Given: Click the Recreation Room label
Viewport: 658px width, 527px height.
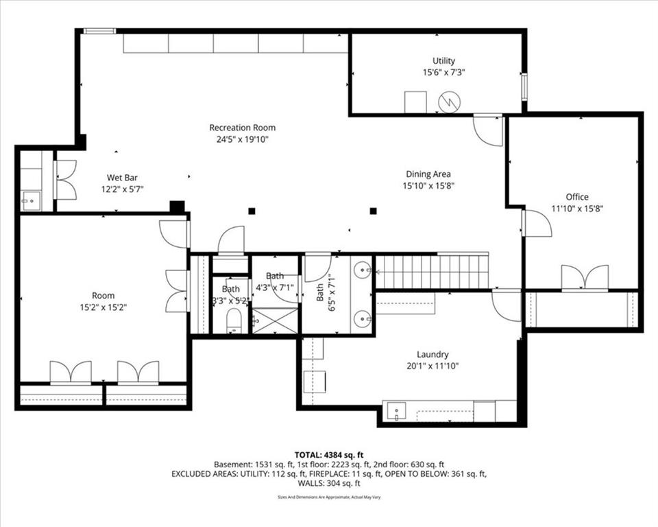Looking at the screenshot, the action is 242,128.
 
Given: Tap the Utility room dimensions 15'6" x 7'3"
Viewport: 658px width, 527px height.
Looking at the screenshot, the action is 443,72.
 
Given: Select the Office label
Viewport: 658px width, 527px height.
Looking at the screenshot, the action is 577,197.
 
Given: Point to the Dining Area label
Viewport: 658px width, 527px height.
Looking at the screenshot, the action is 428,174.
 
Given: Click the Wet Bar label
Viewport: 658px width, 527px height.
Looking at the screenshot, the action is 122,178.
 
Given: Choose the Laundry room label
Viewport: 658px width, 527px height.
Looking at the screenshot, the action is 432,354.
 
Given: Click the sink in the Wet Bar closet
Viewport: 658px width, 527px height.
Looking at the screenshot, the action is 31,201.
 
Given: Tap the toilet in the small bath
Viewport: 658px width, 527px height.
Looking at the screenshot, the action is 233,321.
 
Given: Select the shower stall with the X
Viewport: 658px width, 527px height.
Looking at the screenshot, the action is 275,320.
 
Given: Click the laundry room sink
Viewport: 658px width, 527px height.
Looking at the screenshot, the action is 397,412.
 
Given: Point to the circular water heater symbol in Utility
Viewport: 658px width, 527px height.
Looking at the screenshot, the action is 450,102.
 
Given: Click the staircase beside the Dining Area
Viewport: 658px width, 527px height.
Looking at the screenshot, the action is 432,272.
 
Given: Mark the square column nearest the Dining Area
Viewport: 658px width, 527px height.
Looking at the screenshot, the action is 373,211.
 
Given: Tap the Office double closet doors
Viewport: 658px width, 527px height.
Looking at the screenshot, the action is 585,278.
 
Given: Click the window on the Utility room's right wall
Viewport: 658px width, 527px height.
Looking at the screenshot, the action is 524,87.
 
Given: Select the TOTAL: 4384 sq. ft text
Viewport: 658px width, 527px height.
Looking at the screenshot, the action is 329,455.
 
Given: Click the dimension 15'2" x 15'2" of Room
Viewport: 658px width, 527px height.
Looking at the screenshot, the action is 103,307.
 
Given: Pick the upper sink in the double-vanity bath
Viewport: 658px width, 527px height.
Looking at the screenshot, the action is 362,268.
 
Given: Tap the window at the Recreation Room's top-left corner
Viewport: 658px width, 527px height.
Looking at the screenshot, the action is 99,31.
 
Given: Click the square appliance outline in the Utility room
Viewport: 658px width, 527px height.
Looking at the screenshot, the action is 415,102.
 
